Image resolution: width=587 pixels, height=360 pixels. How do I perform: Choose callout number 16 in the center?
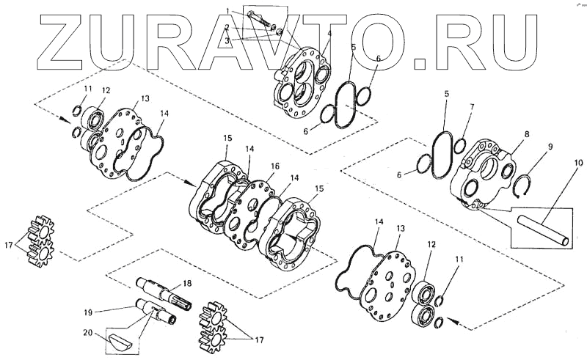click(x=276, y=167)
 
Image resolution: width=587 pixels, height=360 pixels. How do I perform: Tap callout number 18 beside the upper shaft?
click(x=186, y=283)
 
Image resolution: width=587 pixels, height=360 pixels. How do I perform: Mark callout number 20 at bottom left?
click(x=90, y=334)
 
